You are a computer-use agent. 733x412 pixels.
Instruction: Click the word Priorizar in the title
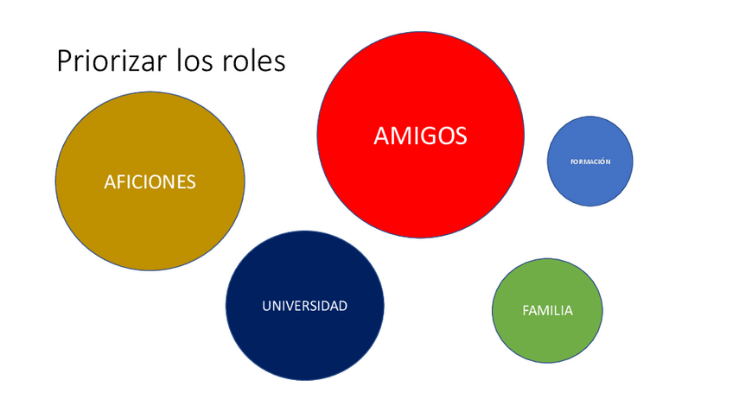click(111, 62)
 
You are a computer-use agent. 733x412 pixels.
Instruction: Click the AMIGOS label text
click(420, 136)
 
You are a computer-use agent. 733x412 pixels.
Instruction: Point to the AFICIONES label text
click(150, 182)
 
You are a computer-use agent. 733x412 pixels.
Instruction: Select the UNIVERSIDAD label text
click(304, 306)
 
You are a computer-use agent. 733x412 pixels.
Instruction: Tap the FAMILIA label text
click(547, 310)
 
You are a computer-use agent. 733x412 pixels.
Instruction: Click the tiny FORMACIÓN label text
click(590, 162)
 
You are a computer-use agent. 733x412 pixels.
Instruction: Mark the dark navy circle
click(304, 345)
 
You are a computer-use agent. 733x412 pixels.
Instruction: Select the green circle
click(547, 337)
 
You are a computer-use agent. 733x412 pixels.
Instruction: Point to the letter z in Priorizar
click(136, 65)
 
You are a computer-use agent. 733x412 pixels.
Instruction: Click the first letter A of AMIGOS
click(382, 136)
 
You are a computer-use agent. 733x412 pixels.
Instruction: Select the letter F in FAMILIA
click(526, 310)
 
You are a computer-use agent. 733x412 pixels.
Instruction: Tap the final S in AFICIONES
click(191, 182)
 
